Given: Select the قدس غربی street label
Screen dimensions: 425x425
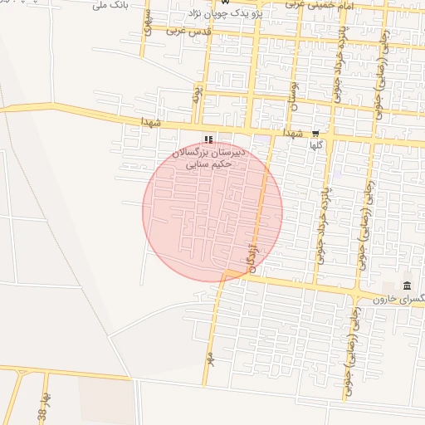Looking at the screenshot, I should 189,31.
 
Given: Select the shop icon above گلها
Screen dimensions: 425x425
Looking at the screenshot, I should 315,134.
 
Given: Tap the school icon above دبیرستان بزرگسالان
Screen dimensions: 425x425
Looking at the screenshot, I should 208,139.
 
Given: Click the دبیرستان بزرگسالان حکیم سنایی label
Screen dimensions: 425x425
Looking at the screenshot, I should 203,159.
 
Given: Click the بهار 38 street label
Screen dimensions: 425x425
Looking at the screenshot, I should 42,408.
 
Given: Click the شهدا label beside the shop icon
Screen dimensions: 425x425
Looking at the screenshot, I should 295,133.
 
